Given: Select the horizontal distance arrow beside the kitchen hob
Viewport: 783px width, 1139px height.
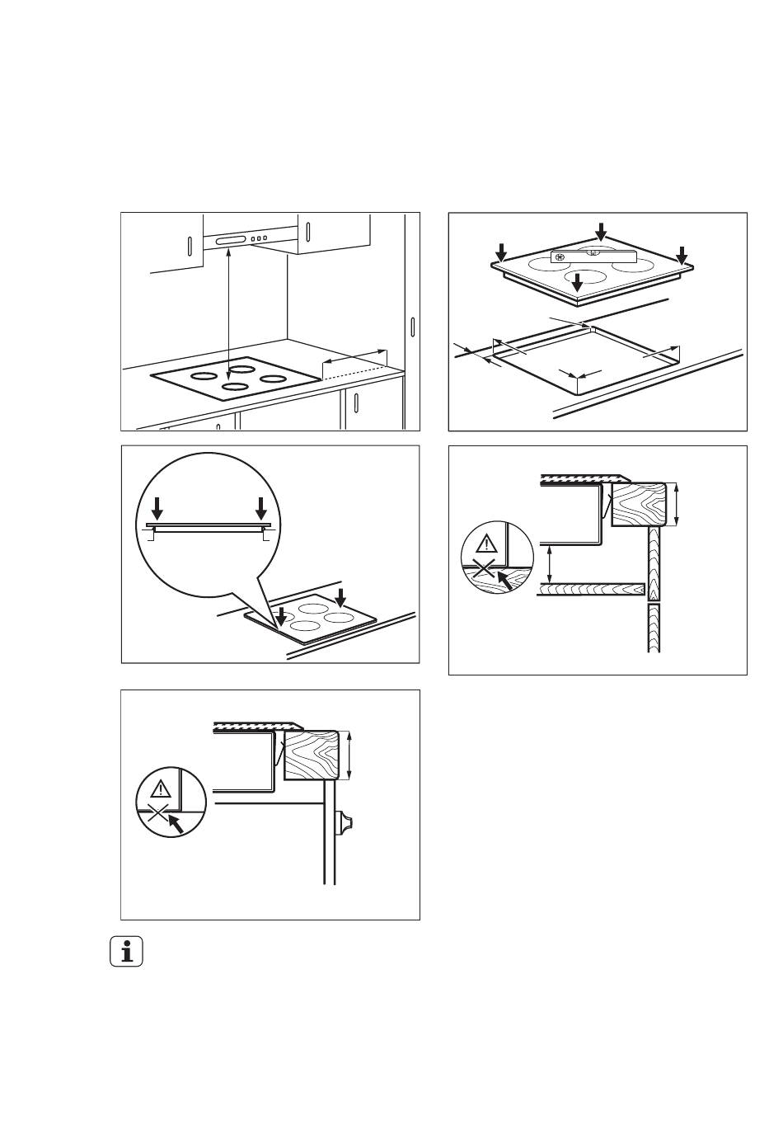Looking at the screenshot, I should [x=354, y=355].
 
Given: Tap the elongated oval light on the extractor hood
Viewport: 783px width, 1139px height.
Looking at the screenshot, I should [x=231, y=241].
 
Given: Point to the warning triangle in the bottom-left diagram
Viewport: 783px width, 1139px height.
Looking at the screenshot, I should [x=161, y=787].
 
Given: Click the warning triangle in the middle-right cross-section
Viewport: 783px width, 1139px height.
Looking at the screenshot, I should [x=486, y=543].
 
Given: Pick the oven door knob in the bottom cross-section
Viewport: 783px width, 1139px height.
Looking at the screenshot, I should [x=344, y=823].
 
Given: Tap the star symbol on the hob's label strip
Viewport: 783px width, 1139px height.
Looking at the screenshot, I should [x=560, y=257].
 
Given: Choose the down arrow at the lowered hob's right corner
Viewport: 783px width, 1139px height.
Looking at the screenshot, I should [x=681, y=254].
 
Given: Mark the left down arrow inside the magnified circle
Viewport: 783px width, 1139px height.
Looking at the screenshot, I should [x=157, y=507].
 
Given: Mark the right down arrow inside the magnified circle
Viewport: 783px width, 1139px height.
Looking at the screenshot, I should [x=261, y=507].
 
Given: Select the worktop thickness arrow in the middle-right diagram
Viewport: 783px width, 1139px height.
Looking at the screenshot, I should [x=677, y=504].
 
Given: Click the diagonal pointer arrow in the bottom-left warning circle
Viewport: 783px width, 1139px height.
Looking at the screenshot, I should [x=175, y=822].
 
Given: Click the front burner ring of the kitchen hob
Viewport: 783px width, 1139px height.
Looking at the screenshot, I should [x=235, y=386].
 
